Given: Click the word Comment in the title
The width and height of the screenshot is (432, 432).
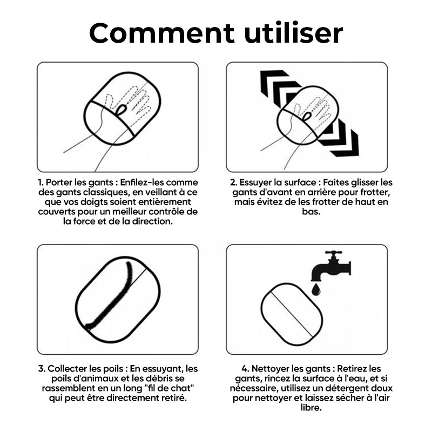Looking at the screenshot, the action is (161, 33).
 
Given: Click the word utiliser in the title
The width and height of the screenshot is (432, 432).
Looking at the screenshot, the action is (294, 33).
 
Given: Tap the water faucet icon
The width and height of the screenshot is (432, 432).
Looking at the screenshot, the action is (331, 266).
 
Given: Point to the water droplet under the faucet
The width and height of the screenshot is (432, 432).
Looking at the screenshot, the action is (316, 290).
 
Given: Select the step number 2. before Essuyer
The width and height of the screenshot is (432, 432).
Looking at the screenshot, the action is (234, 183).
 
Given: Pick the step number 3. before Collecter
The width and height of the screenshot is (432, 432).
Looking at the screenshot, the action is (42, 369).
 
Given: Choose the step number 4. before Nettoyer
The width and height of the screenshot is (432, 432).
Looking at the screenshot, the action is (246, 369).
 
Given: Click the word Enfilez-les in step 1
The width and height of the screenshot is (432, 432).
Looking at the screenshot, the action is (142, 183).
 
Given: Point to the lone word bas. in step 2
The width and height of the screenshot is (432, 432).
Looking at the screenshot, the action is (311, 212).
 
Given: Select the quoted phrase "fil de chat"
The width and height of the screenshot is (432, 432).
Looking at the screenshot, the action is (169, 388).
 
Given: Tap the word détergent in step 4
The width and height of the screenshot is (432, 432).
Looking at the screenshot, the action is (346, 388).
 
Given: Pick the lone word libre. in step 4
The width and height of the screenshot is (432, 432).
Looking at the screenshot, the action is (311, 408).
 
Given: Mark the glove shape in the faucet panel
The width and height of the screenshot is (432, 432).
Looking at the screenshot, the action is (292, 314).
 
